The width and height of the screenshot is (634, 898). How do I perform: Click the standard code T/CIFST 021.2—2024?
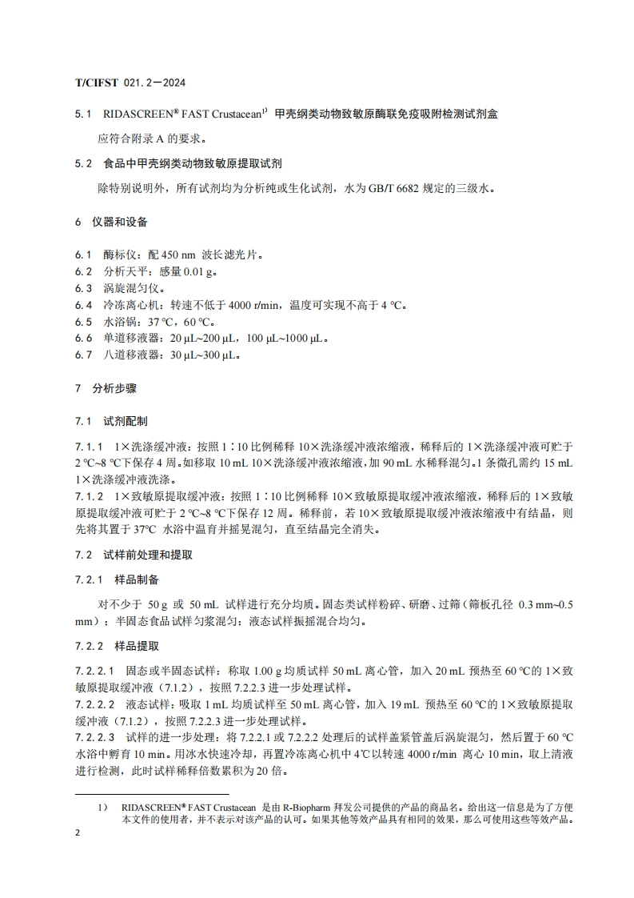131,82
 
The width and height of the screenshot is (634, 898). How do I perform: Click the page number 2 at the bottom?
78,834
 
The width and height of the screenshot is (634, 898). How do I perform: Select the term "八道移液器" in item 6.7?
127,355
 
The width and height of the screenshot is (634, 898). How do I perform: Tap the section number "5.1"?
82,114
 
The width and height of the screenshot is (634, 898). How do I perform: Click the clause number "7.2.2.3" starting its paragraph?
94,736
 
